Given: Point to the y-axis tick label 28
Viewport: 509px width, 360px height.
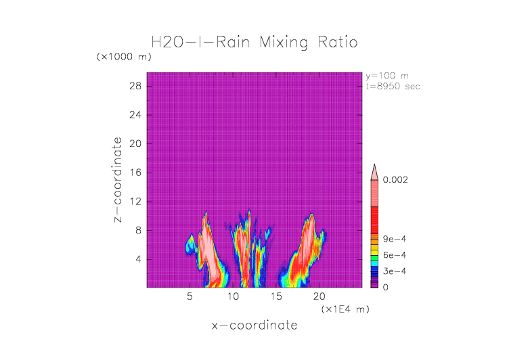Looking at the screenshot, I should tap(135, 86).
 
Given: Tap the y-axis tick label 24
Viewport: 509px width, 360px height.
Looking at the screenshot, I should tap(135, 114).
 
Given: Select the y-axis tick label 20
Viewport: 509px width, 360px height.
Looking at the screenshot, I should tap(135, 143).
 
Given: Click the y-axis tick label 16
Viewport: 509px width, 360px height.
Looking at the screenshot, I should tap(135, 173).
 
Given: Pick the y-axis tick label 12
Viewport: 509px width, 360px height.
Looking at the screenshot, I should tap(135, 201).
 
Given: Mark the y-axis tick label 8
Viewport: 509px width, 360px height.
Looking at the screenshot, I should tap(138, 230).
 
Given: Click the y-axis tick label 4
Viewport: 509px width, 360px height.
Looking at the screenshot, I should tap(138, 258).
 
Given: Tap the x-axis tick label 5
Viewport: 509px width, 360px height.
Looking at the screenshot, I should tap(190, 296).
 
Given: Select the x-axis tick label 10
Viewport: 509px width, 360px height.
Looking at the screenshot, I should tap(233, 296).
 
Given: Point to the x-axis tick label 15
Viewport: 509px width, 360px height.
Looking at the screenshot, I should tap(276, 296).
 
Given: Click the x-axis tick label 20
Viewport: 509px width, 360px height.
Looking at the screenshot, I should tap(319, 296).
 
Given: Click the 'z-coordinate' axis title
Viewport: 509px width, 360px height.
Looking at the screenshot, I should tap(118, 180).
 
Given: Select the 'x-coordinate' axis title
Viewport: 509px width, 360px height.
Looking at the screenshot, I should tap(254, 325).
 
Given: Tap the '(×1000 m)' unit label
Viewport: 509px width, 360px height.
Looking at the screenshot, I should tap(124, 57).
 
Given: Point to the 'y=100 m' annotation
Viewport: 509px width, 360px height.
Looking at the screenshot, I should tap(387, 76).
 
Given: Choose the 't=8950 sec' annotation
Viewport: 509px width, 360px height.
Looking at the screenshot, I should tap(393, 86).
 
